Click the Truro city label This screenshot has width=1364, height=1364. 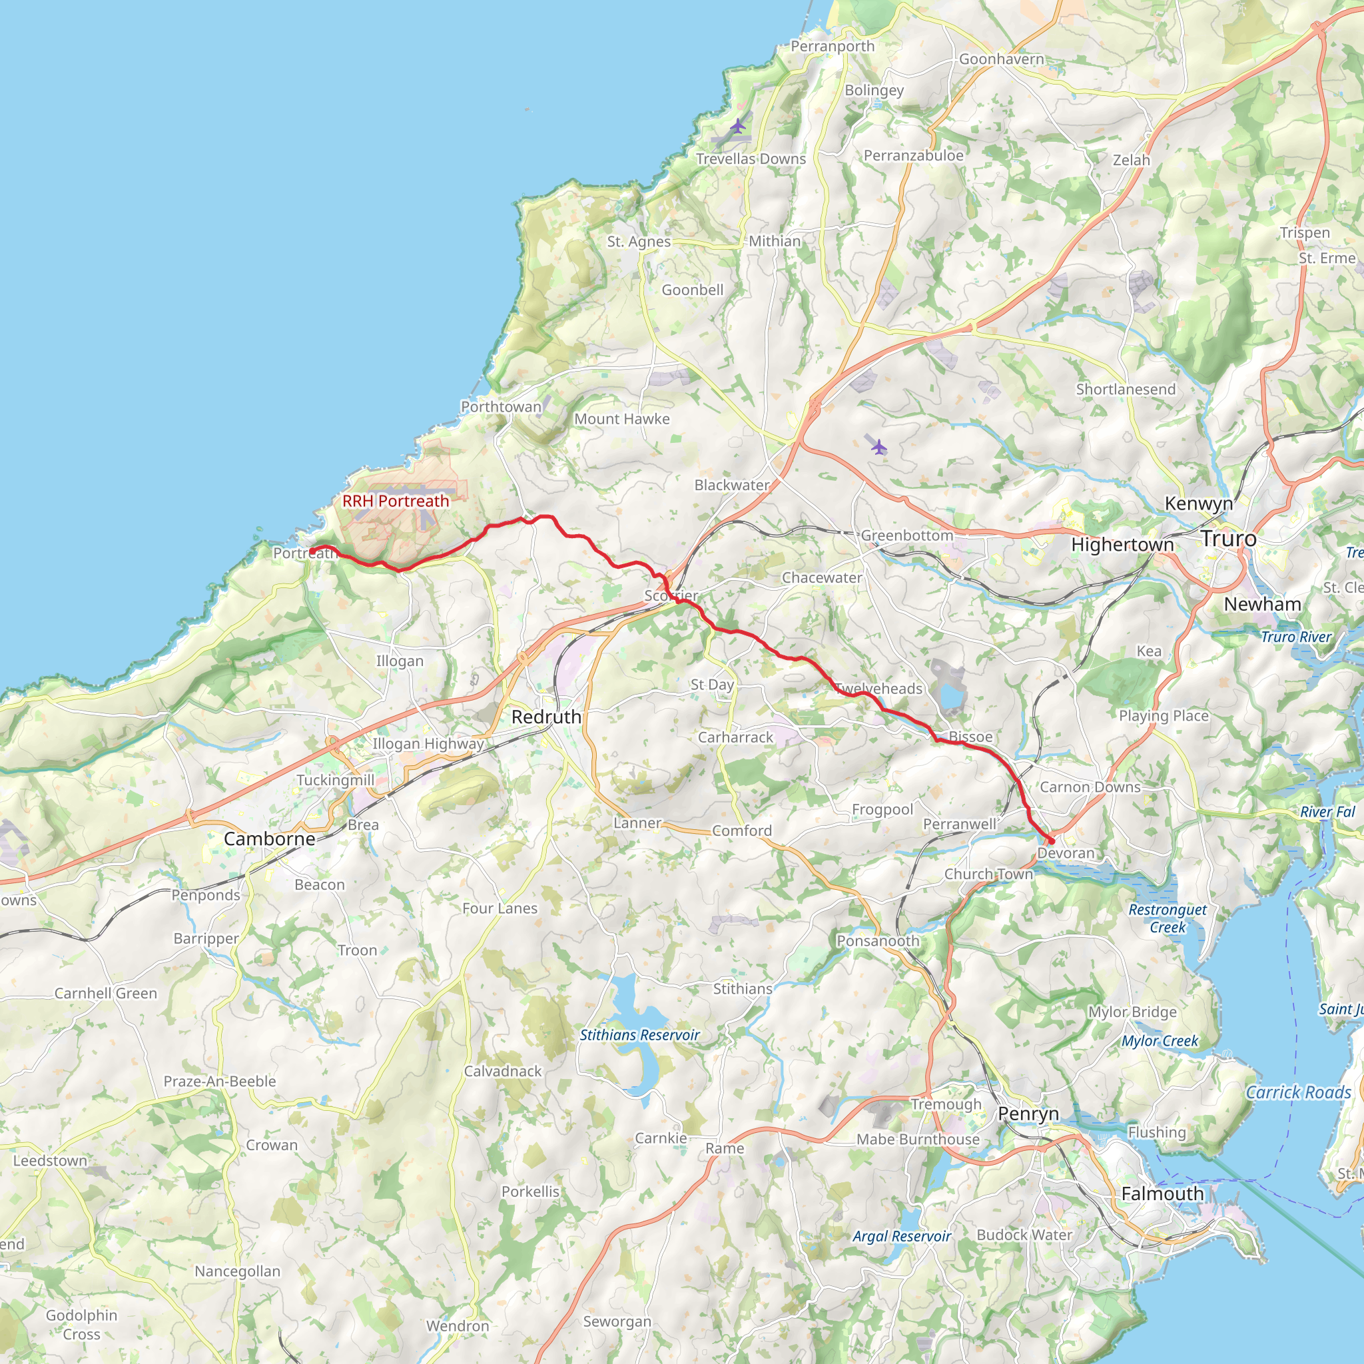tap(1228, 539)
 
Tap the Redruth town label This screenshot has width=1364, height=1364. tap(546, 717)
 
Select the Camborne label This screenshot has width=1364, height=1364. tap(269, 839)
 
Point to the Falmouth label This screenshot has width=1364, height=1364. tap(1162, 1194)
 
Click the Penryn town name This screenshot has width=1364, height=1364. tap(1028, 1114)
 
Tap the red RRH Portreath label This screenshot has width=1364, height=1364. tap(396, 502)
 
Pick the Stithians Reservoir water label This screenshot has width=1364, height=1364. tap(639, 1035)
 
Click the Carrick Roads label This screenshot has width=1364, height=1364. tap(1297, 1093)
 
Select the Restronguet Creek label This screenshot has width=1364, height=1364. tap(1167, 918)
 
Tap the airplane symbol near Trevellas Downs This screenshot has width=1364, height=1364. tap(738, 127)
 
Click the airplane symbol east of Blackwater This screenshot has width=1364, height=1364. tap(878, 447)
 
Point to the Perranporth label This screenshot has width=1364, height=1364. tap(833, 46)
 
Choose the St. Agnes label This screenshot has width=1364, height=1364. tap(639, 242)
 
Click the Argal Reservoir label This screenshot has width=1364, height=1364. tap(902, 1236)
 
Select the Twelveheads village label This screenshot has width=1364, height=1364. tap(879, 689)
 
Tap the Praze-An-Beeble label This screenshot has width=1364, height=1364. tap(220, 1082)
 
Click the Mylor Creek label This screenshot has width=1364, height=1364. tap(1160, 1041)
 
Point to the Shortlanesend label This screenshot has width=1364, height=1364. tap(1126, 389)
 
